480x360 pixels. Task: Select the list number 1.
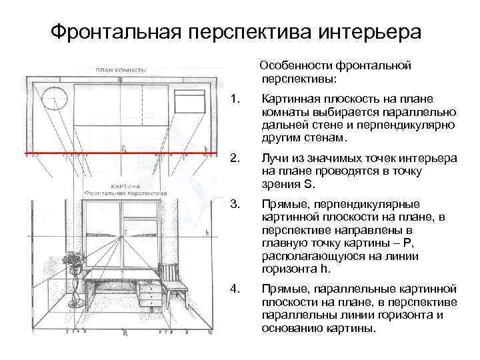click(233, 100)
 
